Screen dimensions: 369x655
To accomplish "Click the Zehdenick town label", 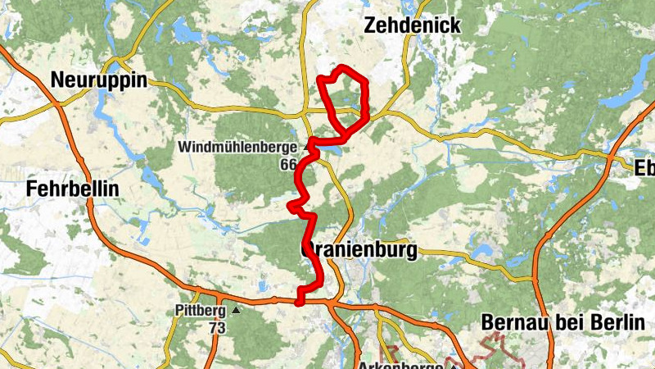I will [412, 25].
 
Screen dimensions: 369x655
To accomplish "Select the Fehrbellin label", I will [73, 189].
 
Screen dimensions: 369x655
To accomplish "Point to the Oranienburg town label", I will [360, 250].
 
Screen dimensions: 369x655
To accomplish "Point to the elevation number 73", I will [216, 327].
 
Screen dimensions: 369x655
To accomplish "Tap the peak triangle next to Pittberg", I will [237, 311].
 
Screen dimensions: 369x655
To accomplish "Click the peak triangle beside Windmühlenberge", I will [308, 147].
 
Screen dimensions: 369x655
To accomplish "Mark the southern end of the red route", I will [300, 301].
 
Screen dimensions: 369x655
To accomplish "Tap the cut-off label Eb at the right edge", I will [644, 167].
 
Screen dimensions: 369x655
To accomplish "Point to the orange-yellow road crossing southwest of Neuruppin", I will [59, 104].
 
